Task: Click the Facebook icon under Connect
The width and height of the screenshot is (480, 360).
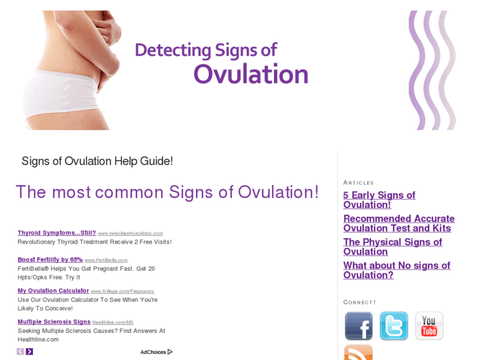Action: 359,326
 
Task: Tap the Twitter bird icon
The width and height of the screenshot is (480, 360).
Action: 394,326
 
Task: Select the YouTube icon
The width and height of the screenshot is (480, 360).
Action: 429,326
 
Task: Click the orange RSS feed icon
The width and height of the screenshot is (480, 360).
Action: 359,353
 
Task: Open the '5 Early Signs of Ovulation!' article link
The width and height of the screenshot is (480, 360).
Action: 379,199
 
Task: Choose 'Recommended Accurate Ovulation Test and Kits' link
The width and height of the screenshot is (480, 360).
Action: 399,223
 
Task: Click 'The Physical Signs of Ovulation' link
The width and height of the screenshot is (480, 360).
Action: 392,246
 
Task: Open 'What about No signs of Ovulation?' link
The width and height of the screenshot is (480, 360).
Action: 396,270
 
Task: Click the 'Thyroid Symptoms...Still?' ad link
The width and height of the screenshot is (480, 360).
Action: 57,233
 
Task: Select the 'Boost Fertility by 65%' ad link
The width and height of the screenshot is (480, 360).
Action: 50,260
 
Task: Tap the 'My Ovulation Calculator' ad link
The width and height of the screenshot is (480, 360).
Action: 53,291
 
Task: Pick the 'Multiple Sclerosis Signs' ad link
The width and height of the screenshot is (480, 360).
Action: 54,322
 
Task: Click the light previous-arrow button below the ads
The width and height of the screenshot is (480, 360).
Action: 20,351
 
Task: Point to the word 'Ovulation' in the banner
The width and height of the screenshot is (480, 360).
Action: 250,74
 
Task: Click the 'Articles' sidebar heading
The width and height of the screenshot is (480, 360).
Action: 359,182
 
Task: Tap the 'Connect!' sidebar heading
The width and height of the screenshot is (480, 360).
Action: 359,302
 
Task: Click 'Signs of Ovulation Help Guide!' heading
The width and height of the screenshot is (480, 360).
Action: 97,161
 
